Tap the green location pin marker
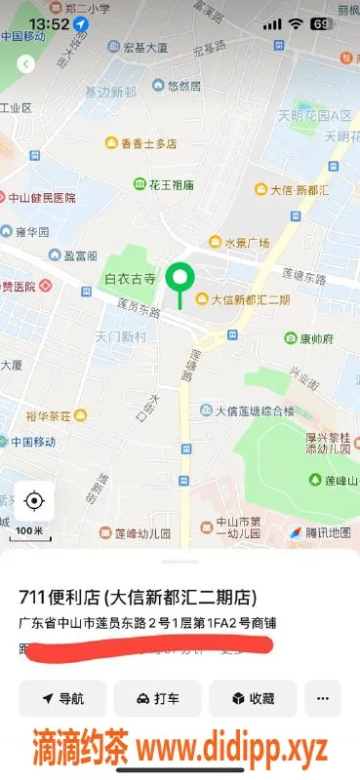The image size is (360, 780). click(x=179, y=279)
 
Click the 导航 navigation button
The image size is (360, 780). click(x=62, y=698)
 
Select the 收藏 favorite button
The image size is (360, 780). click(x=252, y=698)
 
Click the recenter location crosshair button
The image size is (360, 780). click(x=34, y=501)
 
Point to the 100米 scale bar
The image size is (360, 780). click(x=30, y=532)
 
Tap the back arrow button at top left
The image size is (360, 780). click(x=25, y=63)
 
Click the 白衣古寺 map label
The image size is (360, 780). click(x=130, y=279)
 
